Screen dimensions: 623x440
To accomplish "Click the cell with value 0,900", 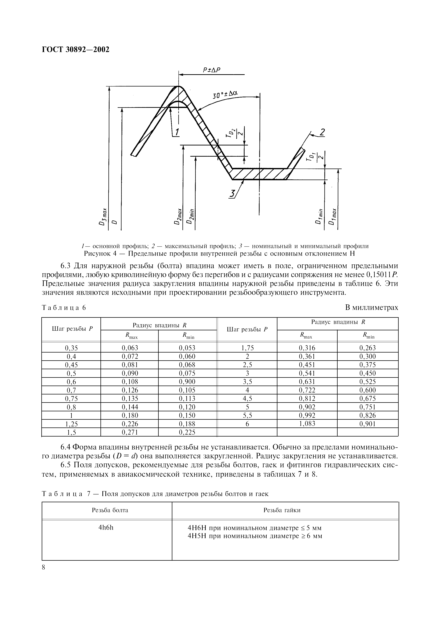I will [x=187, y=381].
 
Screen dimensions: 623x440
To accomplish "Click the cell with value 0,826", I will [x=367, y=415].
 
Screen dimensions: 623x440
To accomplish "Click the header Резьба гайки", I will [x=282, y=510].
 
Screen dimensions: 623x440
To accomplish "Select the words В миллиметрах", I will [x=371, y=307].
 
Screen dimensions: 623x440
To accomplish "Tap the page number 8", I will [x=44, y=567].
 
